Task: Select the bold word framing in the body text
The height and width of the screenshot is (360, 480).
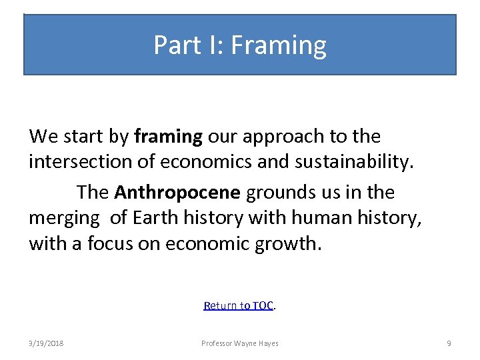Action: tap(168, 137)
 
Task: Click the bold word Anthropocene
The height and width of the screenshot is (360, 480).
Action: tap(177, 193)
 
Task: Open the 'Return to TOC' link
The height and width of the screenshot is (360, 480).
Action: tap(239, 305)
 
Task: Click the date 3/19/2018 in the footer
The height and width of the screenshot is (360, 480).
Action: tap(47, 343)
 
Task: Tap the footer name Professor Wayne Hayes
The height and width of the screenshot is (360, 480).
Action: tap(240, 343)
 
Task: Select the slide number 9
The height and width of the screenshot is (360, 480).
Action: tap(449, 343)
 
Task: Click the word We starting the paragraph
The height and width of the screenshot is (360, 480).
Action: tap(44, 137)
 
